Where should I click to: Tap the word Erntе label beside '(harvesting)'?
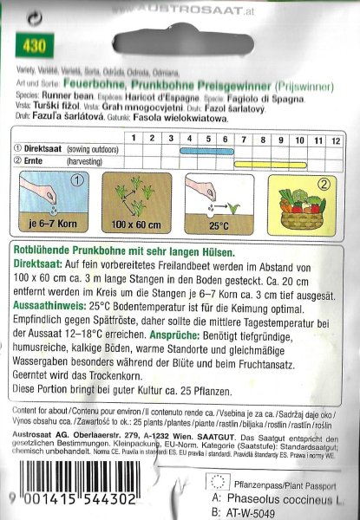coord(38,162)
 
